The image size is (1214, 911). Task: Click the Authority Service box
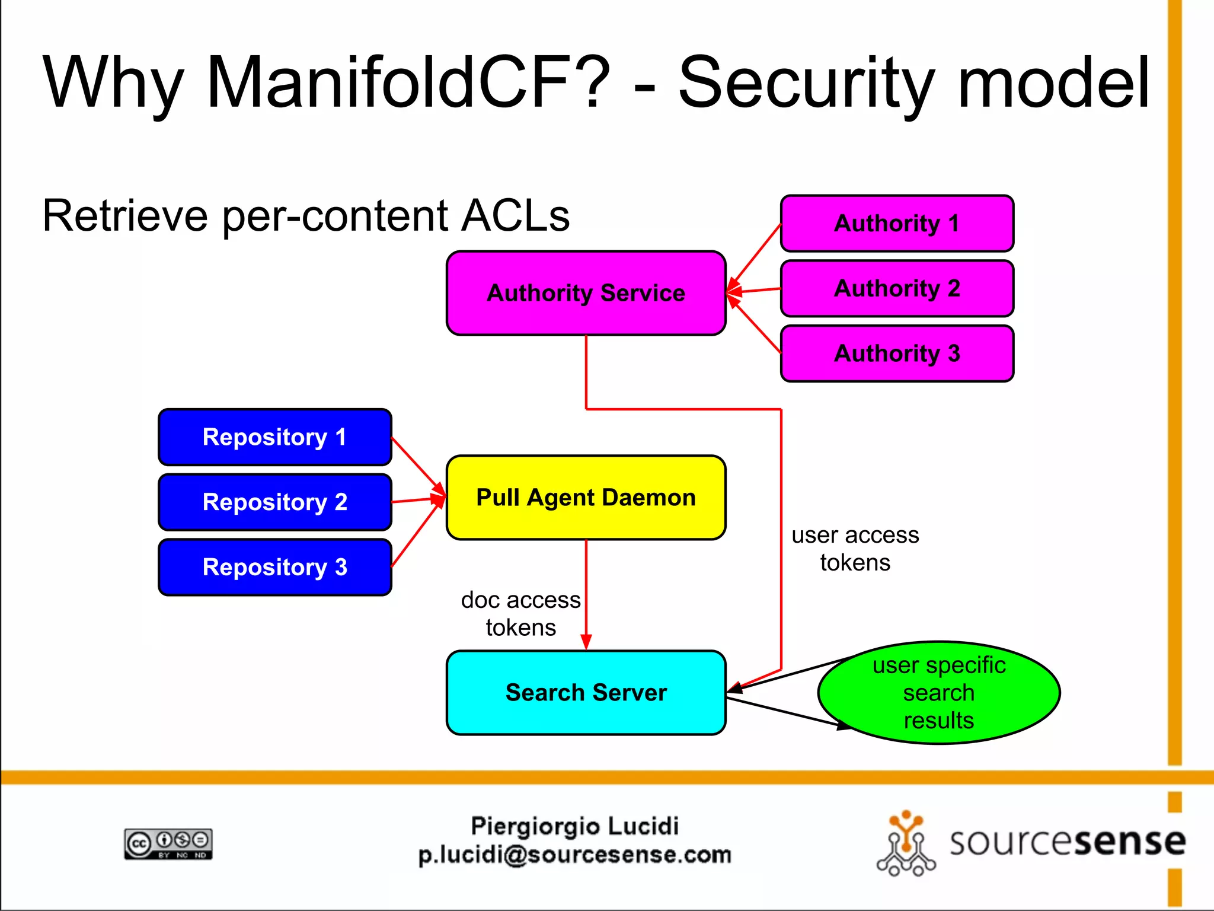(x=586, y=293)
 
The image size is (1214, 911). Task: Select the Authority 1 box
(x=896, y=224)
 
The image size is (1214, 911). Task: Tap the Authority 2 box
(x=896, y=288)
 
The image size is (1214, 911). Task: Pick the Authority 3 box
(x=896, y=353)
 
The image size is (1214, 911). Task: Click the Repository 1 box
(x=274, y=437)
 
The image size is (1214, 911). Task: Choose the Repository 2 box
(x=274, y=502)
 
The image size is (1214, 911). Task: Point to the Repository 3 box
(x=274, y=567)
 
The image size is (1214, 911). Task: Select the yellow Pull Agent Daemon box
(x=586, y=498)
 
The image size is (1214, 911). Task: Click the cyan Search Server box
(x=586, y=693)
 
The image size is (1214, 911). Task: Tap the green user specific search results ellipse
(x=939, y=693)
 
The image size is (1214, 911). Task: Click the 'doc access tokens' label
(x=520, y=613)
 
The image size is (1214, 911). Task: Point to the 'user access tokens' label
(x=855, y=549)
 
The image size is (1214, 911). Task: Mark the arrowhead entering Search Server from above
(x=586, y=642)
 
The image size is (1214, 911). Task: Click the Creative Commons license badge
(x=168, y=843)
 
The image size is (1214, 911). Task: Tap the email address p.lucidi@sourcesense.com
(x=574, y=855)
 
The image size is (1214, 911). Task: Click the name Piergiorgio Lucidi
(x=574, y=826)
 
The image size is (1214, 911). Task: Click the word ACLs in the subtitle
(x=515, y=215)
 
